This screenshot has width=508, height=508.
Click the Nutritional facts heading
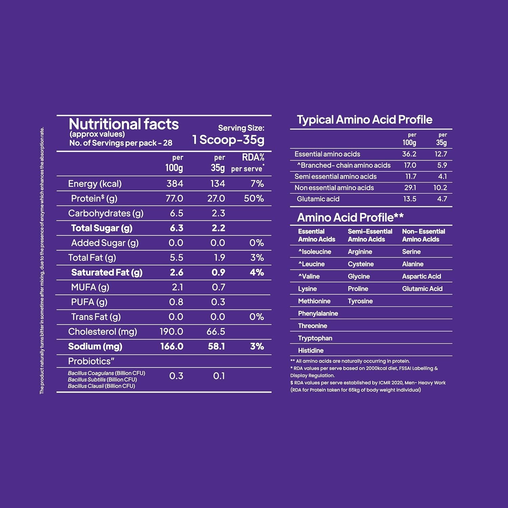(124, 124)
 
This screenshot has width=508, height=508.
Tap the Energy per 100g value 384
(175, 184)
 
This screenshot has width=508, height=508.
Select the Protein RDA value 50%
(254, 198)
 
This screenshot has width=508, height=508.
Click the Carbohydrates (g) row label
(106, 213)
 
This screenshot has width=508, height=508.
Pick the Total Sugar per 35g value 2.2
(218, 228)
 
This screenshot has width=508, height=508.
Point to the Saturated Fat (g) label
(107, 273)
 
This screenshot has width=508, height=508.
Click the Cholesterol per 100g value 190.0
(171, 332)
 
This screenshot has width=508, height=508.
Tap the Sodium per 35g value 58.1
(216, 346)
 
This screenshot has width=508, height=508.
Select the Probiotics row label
(91, 361)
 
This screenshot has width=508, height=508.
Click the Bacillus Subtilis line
(102, 380)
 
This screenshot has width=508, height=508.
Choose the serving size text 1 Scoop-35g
(228, 140)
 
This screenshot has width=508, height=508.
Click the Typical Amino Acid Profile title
(364, 120)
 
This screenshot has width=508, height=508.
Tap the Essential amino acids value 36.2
(409, 154)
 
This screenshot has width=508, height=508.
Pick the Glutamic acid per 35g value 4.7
(442, 199)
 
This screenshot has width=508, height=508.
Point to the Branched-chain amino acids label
(344, 165)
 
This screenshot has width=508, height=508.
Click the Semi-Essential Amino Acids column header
(370, 235)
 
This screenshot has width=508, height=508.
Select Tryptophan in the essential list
(315, 338)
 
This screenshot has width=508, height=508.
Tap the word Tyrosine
(360, 301)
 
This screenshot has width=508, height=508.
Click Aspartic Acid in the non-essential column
(421, 276)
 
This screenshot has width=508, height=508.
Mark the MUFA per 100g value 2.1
(177, 287)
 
